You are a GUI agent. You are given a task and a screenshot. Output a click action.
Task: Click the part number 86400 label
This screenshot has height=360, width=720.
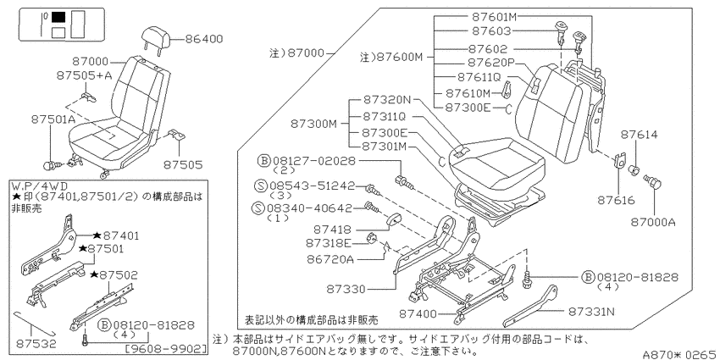click(x=204, y=39)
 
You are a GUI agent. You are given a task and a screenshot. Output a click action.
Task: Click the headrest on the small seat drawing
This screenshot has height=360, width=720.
click(x=157, y=36)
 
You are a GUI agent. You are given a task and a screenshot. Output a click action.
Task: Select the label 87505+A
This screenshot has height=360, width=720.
click(x=85, y=75)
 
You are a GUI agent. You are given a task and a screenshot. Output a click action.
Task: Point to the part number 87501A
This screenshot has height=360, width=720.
click(x=53, y=119)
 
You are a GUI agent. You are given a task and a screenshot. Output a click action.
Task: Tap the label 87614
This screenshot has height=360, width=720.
click(x=640, y=135)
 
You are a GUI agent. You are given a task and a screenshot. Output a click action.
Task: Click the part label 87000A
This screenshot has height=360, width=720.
click(x=653, y=222)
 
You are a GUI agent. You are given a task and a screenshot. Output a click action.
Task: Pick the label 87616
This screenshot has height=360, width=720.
click(x=616, y=200)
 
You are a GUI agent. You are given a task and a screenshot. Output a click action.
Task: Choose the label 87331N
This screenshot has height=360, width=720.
click(x=591, y=312)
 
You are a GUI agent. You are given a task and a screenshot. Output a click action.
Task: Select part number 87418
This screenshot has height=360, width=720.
click(x=332, y=229)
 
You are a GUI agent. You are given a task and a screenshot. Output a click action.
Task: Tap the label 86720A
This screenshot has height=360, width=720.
click(x=330, y=259)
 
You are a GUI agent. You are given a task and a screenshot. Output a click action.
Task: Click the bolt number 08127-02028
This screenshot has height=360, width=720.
click(x=314, y=161)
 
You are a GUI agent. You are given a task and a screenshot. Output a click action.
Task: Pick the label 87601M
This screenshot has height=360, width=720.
click(x=495, y=17)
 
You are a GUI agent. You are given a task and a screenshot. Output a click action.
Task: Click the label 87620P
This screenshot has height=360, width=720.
click(x=490, y=62)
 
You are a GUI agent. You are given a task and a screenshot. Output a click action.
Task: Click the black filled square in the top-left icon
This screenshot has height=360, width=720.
click(x=58, y=18)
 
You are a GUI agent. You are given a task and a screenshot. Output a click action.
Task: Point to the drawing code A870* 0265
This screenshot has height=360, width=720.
click(x=680, y=354)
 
